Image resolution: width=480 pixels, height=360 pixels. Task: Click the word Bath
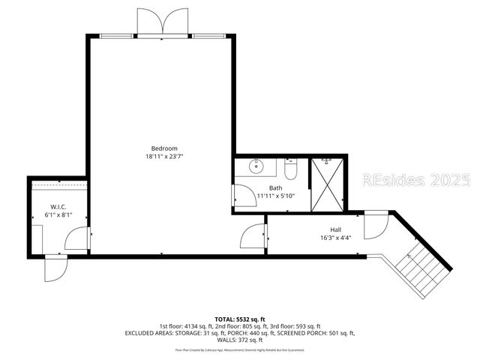tap(276, 187)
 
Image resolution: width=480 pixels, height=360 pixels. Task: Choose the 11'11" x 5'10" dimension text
tap(276, 196)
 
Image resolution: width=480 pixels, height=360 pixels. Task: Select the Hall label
tap(335, 230)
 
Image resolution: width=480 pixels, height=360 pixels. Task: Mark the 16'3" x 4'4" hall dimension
tap(335, 238)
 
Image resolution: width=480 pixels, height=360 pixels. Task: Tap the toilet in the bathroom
tap(293, 169)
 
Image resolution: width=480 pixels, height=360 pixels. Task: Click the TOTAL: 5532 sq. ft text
tap(239, 318)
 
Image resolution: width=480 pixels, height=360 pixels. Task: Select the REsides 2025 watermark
tap(415, 181)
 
